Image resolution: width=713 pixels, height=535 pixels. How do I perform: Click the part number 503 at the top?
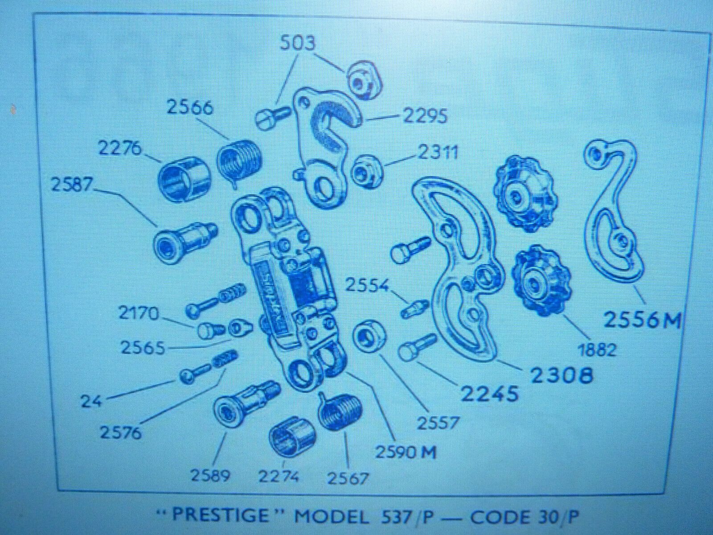click(298, 43)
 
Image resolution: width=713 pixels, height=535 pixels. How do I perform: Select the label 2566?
click(190, 107)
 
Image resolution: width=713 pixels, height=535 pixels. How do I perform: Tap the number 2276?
click(120, 149)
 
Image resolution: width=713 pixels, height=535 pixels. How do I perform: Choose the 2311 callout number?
click(438, 152)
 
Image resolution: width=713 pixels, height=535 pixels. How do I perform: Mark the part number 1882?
click(597, 350)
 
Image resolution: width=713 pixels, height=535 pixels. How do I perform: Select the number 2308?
click(561, 375)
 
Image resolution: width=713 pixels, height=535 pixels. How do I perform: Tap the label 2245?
click(489, 394)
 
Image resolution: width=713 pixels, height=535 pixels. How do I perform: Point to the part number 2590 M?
click(406, 452)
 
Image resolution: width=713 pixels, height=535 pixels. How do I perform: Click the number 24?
click(91, 402)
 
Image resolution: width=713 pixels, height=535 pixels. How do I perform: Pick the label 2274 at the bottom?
click(279, 477)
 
